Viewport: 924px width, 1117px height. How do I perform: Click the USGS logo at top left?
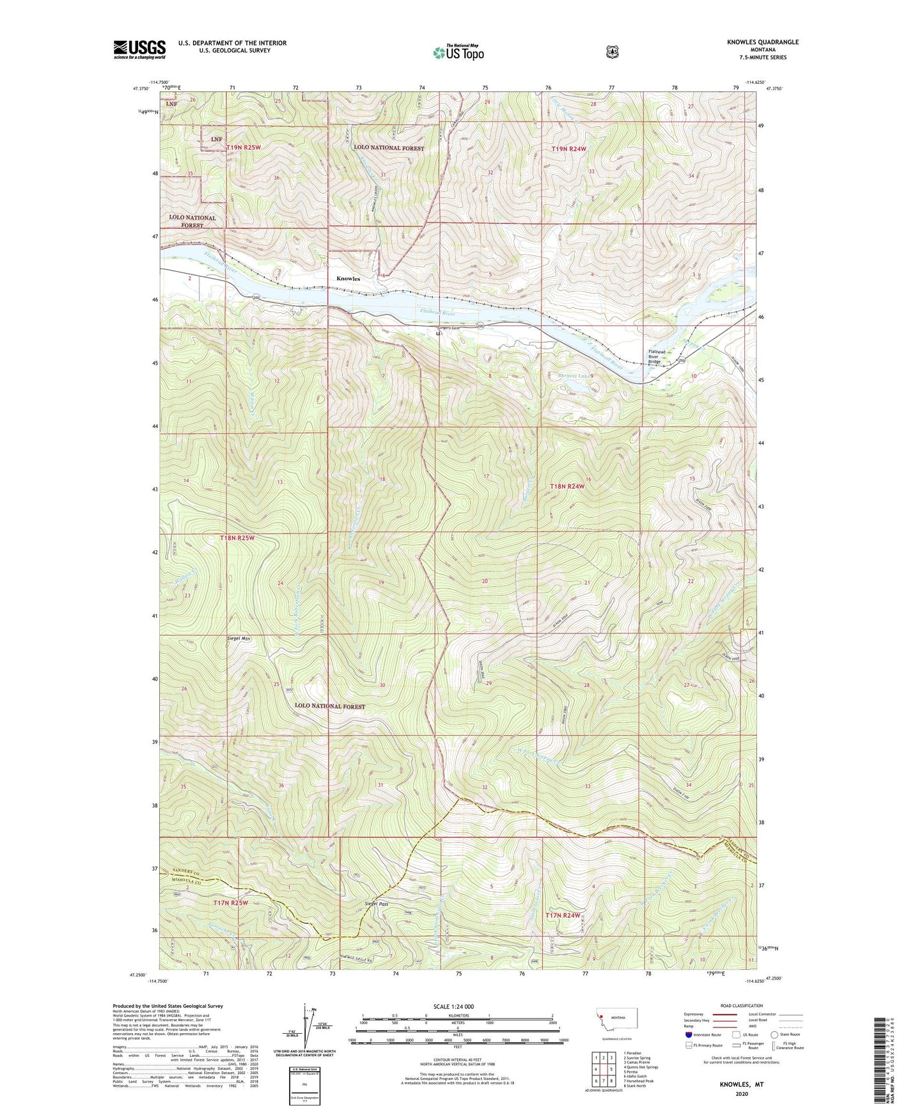point(139,49)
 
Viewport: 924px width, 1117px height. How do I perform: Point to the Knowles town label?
point(348,279)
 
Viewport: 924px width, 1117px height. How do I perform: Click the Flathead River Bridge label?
point(657,357)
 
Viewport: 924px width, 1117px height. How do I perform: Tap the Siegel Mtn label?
point(237,638)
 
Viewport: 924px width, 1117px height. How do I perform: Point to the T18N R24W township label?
point(567,486)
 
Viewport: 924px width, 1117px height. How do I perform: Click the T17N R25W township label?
point(230,903)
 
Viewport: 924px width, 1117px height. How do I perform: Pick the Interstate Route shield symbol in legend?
point(688,1034)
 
